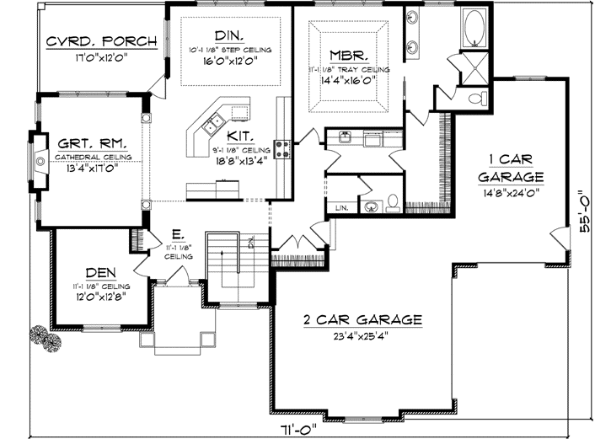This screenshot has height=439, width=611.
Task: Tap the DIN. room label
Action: [x=229, y=35]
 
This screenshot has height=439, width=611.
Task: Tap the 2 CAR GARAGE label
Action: [x=362, y=320]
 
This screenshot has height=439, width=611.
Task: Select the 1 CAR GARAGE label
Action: [x=511, y=168]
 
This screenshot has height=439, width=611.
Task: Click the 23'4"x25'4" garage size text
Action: [x=363, y=337]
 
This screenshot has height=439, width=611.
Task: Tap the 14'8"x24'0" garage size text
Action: [x=511, y=192]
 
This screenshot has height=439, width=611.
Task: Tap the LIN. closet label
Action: [x=341, y=206]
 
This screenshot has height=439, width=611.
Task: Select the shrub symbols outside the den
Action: [x=46, y=337]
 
